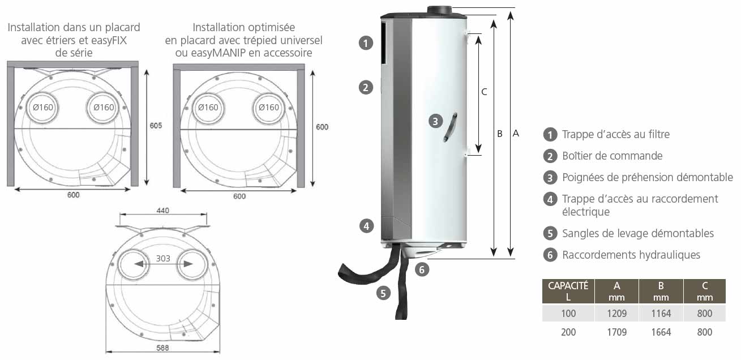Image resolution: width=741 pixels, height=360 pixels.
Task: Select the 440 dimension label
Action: pyautogui.click(x=162, y=210)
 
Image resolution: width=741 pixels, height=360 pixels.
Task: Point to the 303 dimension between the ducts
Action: pyautogui.click(x=162, y=259)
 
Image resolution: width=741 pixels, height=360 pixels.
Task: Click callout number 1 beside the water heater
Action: pyautogui.click(x=366, y=42)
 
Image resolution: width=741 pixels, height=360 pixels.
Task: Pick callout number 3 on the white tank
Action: pyautogui.click(x=434, y=121)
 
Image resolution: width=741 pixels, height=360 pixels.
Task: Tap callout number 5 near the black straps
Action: pyautogui.click(x=383, y=293)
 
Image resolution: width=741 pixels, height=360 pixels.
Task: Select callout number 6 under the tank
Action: pyautogui.click(x=422, y=269)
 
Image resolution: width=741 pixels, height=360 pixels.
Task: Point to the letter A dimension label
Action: pyautogui.click(x=515, y=134)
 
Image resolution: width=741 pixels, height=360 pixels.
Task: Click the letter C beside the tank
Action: pyautogui.click(x=484, y=92)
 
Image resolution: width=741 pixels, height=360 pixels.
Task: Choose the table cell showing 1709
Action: pyautogui.click(x=616, y=332)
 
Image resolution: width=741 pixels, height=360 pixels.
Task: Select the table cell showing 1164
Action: pyautogui.click(x=661, y=313)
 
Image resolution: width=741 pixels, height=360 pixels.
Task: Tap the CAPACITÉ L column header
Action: pyautogui.click(x=568, y=291)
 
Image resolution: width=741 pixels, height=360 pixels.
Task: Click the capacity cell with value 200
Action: pyautogui.click(x=568, y=332)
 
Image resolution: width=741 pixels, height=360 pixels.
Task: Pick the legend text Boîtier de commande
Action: pyautogui.click(x=612, y=156)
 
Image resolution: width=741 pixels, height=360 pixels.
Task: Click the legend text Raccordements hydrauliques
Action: pyautogui.click(x=631, y=255)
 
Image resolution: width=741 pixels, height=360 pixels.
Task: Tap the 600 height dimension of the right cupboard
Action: pyautogui.click(x=322, y=127)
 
